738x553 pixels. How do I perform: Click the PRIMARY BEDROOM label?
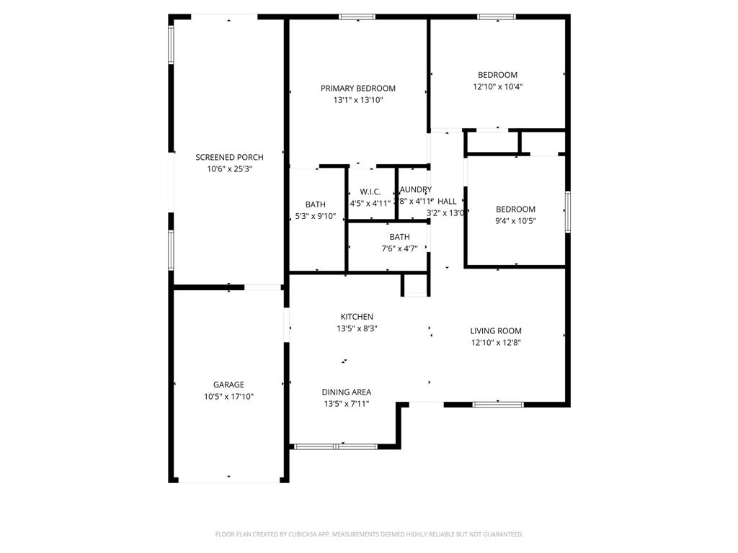click(x=357, y=89)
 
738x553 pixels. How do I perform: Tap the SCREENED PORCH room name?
click(x=229, y=157)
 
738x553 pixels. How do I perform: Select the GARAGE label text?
click(x=228, y=385)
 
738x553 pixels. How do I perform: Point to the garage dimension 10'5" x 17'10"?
click(x=228, y=397)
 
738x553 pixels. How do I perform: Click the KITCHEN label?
click(x=357, y=317)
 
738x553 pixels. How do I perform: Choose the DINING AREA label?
click(x=346, y=392)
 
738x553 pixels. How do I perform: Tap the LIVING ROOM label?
click(x=496, y=331)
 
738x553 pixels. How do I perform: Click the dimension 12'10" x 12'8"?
click(x=496, y=343)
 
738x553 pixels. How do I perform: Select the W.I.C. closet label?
click(x=370, y=192)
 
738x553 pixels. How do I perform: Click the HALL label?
click(x=447, y=202)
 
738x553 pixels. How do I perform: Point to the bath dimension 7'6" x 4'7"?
click(x=399, y=248)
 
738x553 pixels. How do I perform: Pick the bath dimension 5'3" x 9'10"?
click(x=315, y=216)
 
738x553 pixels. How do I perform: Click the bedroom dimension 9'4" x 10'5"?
click(x=515, y=221)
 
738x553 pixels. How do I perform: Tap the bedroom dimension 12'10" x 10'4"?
click(x=497, y=86)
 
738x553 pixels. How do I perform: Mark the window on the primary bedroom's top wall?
click(x=357, y=17)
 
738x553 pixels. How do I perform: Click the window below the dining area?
click(x=336, y=446)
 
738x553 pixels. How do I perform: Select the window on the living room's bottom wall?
click(x=498, y=405)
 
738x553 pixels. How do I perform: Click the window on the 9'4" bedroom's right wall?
click(x=568, y=212)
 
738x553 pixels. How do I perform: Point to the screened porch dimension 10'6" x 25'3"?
click(x=229, y=169)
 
